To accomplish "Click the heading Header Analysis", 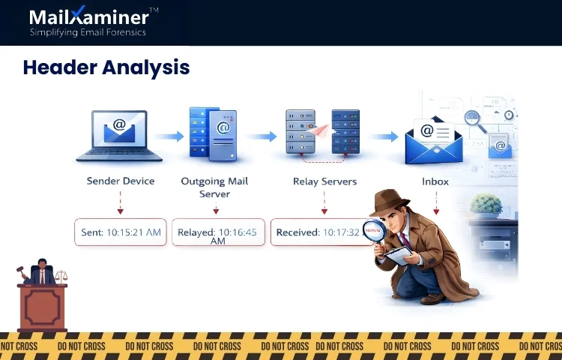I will [x=106, y=67].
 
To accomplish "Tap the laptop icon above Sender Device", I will [x=119, y=136].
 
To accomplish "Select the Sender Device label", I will [x=121, y=181].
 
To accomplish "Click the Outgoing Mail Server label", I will [x=214, y=187].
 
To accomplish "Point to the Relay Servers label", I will [x=324, y=181].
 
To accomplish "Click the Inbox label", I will [x=435, y=181].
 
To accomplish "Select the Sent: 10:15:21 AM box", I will [x=121, y=232].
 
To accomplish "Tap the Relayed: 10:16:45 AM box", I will [x=217, y=232].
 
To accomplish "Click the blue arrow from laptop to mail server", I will [x=169, y=136].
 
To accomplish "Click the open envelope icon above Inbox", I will [x=433, y=139].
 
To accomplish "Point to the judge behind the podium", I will [x=42, y=273].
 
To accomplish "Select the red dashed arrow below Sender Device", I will [x=121, y=203].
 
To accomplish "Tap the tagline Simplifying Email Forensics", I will [x=88, y=32].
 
